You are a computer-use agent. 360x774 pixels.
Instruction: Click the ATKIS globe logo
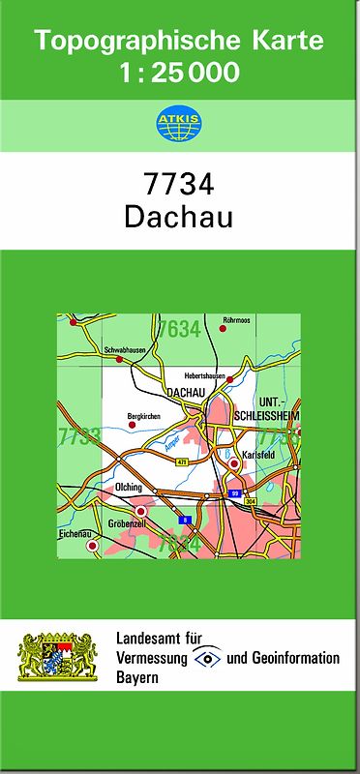tap(179, 124)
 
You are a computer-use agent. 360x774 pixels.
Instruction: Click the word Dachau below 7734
tap(179, 217)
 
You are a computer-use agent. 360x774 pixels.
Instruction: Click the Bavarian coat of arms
tap(59, 658)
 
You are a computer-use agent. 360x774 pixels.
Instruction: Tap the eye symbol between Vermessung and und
tap(207, 658)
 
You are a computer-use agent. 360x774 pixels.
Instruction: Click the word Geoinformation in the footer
tap(295, 658)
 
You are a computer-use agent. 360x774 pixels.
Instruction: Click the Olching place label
tap(128, 487)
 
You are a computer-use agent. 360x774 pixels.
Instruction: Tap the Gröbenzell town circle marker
tap(140, 511)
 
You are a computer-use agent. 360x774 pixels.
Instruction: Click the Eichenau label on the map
tap(75, 533)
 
